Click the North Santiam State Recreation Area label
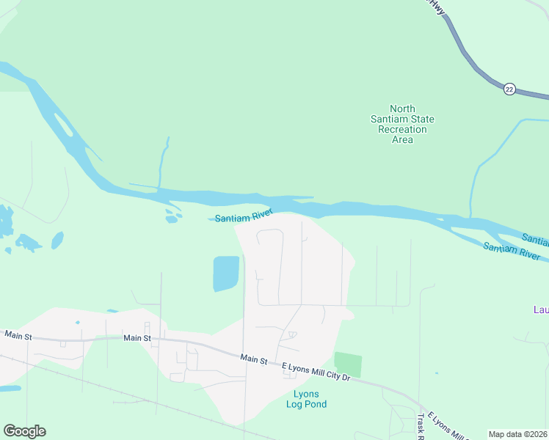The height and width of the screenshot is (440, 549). (402, 124)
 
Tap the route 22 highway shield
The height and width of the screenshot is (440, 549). (509, 89)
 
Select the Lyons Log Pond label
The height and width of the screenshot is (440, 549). (306, 399)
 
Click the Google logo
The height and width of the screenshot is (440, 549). (24, 431)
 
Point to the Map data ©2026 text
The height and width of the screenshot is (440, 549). (518, 434)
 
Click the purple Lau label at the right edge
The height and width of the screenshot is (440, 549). (541, 309)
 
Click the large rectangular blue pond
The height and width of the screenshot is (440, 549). (226, 274)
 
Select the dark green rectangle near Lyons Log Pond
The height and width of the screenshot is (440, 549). (348, 364)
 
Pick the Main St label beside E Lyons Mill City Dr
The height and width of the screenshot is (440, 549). (253, 359)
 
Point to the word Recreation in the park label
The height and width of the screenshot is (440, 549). (402, 129)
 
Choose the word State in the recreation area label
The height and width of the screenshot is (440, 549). (422, 119)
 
